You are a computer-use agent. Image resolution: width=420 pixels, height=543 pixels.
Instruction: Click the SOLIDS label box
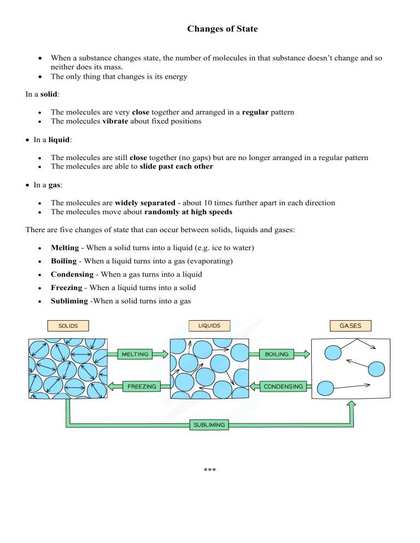(68, 326)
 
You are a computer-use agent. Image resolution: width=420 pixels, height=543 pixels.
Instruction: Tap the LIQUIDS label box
(209, 326)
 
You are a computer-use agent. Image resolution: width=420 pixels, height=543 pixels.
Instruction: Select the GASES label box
(350, 326)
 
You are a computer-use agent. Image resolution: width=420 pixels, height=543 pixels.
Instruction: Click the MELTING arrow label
(135, 354)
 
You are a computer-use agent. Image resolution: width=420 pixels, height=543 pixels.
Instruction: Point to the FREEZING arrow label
(142, 386)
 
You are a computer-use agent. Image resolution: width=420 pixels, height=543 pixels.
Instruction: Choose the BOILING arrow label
(277, 354)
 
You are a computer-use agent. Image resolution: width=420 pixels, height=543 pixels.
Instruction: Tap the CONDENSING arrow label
(283, 386)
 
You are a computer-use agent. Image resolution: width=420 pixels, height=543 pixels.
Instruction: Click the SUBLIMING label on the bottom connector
(209, 424)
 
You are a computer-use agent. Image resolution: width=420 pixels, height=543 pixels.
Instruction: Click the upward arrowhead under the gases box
(352, 405)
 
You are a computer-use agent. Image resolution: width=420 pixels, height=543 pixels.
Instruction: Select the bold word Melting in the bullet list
(65, 248)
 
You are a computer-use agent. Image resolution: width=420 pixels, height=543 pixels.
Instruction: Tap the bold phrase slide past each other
(176, 167)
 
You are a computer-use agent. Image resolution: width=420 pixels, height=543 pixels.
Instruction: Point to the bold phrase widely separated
(142, 203)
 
